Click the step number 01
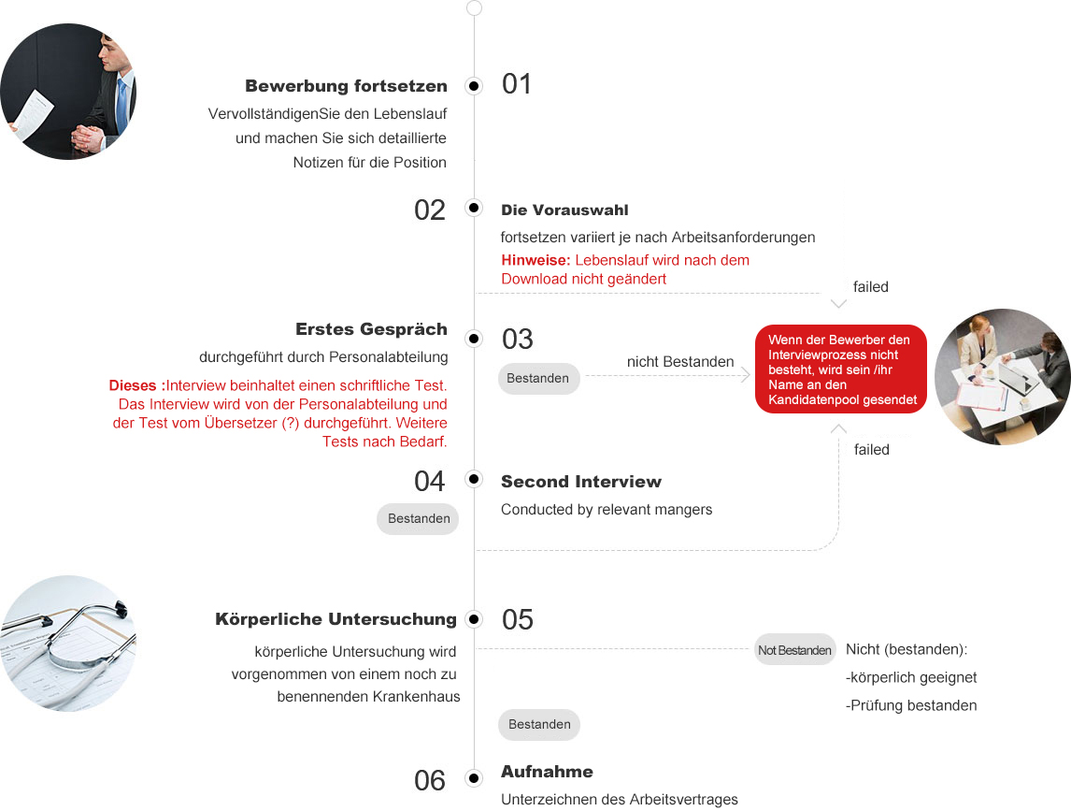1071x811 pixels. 517,84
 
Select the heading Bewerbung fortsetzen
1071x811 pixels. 346,86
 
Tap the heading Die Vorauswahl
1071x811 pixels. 564,210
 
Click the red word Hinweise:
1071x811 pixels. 535,260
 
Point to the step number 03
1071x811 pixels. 518,339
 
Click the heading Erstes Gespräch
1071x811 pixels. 371,329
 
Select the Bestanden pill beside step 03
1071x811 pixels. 538,379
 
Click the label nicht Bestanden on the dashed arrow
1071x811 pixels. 680,362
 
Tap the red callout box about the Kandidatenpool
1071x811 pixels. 840,369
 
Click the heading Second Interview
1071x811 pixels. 580,482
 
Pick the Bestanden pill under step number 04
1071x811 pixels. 418,518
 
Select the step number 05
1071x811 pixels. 518,619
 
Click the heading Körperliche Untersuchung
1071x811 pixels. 336,619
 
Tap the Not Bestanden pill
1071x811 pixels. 794,650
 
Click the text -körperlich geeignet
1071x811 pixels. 911,677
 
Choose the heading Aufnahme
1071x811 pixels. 547,772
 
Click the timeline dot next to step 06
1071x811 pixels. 474,778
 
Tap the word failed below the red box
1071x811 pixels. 871,450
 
